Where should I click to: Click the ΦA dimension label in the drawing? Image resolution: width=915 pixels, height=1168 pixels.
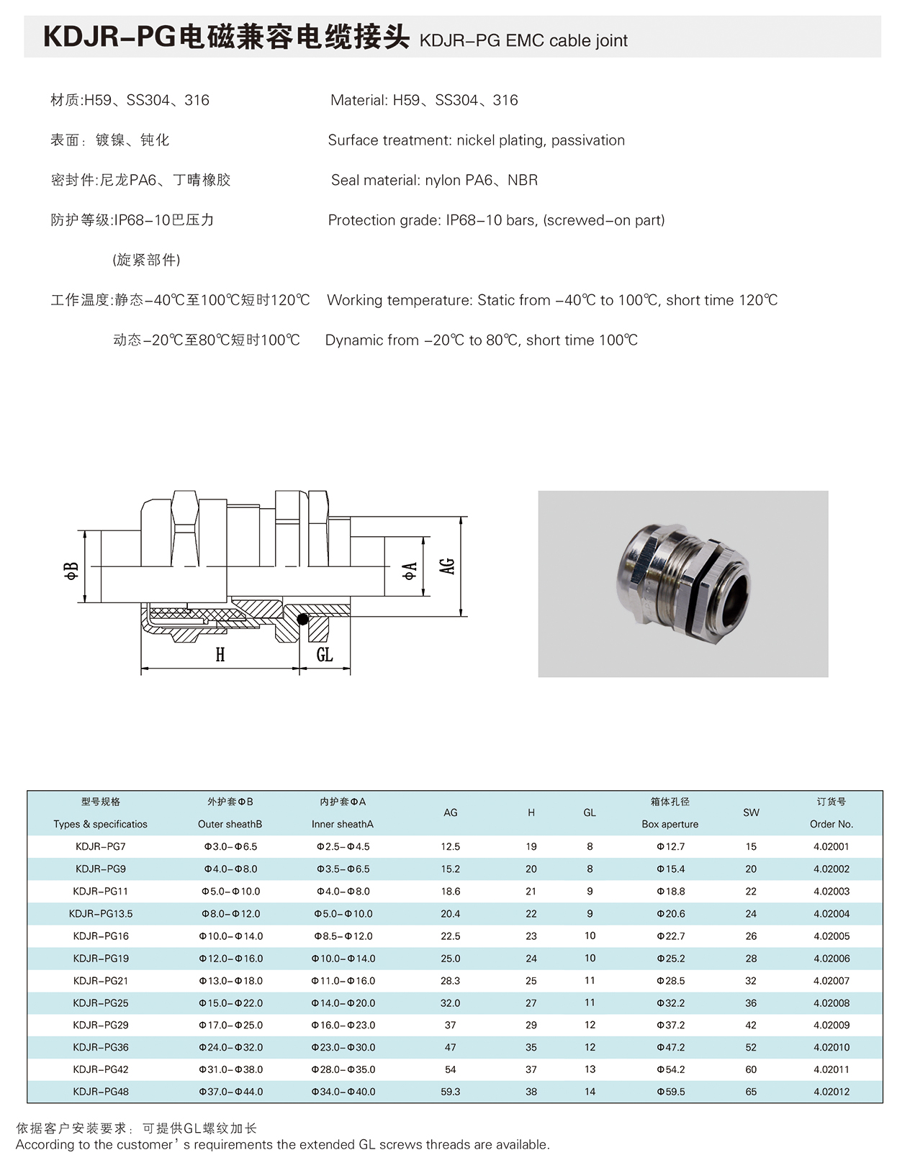coord(410,571)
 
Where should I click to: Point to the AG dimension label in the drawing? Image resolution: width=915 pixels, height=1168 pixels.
coord(448,566)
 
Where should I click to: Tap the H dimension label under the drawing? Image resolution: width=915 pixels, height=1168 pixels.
coord(220,654)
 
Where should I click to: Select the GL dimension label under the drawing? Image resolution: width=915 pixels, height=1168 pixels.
coord(325,654)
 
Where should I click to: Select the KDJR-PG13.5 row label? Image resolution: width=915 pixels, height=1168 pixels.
coord(101,914)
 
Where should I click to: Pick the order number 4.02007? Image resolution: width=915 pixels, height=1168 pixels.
coord(831,981)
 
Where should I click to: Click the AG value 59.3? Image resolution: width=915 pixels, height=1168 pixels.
coord(451,1092)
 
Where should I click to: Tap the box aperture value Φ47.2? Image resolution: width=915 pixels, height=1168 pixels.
coord(670,1047)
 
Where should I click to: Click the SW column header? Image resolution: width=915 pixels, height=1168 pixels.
coord(751,812)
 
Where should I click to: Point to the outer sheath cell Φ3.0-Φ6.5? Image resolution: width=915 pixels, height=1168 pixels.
coord(230,847)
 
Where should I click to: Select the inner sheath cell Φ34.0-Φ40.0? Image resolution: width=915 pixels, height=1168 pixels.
coord(343,1092)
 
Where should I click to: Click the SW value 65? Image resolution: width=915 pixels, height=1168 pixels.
coord(751,1092)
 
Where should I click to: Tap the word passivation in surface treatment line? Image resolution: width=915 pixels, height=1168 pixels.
coord(588,140)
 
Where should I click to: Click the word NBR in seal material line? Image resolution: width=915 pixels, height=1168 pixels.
coord(523,181)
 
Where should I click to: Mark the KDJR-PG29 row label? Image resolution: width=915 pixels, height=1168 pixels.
coord(101,1025)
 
